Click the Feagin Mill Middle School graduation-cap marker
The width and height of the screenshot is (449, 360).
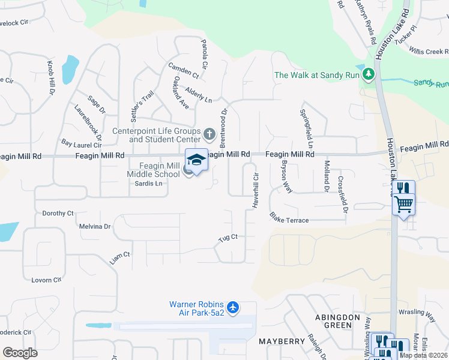(196, 160)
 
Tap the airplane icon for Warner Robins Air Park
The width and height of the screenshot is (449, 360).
(233, 308)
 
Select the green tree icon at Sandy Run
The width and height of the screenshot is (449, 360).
(368, 75)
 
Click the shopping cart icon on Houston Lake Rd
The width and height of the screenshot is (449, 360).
(404, 204)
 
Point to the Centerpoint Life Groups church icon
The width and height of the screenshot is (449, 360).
(209, 133)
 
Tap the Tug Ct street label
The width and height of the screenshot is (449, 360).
(228, 238)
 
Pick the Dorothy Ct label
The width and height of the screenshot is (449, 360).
(58, 213)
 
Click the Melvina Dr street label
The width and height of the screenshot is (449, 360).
(95, 227)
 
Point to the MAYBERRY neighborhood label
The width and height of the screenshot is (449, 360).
(282, 341)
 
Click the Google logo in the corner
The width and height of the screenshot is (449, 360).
(20, 353)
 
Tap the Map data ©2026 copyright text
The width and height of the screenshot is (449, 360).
(423, 355)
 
